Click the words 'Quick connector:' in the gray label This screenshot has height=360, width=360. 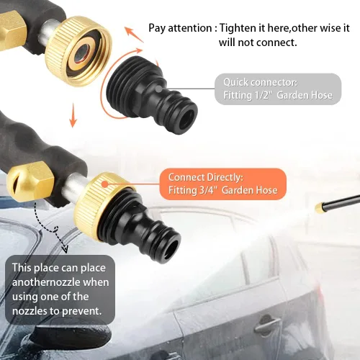[260, 82]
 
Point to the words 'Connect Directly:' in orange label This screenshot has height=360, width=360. [206, 177]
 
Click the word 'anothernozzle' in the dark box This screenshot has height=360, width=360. [60, 282]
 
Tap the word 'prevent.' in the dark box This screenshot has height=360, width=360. [82, 311]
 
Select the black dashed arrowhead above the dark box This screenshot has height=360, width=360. [65, 249]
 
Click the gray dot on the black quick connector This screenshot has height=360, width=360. [158, 89]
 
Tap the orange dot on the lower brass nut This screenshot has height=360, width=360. [104, 184]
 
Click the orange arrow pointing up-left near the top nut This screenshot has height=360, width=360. [135, 35]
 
